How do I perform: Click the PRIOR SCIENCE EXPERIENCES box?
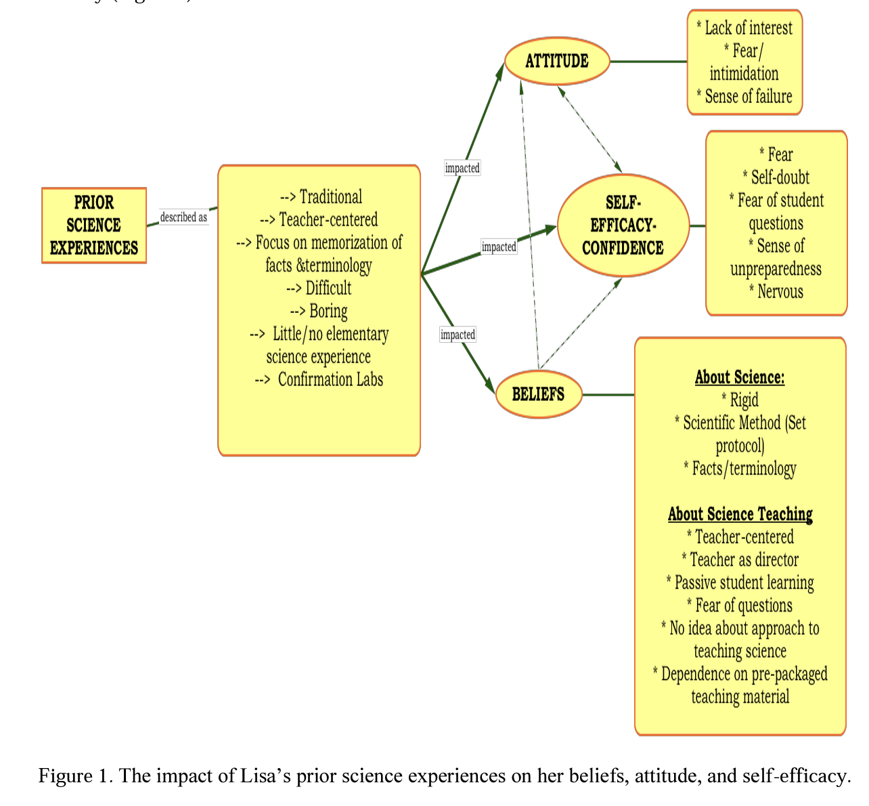(x=94, y=226)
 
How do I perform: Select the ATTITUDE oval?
(x=557, y=61)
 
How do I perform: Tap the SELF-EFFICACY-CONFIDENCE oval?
(x=623, y=226)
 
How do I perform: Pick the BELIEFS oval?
(x=539, y=394)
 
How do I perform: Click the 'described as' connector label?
(x=183, y=217)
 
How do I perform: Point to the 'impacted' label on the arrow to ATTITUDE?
(x=462, y=168)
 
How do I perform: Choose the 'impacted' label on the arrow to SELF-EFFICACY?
(x=499, y=247)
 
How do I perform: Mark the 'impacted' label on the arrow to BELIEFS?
(x=458, y=335)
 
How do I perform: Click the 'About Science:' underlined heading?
(x=740, y=377)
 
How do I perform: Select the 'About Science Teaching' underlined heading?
(x=740, y=514)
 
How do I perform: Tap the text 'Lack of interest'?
(x=748, y=28)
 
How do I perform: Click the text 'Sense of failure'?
(x=748, y=97)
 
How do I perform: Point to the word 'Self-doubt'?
(x=780, y=177)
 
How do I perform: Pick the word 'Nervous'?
(x=780, y=292)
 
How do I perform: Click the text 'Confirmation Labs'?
(x=330, y=379)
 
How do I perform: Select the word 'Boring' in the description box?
(x=328, y=311)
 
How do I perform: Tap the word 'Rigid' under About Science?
(x=743, y=400)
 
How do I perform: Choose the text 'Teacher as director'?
(x=743, y=559)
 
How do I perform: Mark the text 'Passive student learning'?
(x=744, y=582)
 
